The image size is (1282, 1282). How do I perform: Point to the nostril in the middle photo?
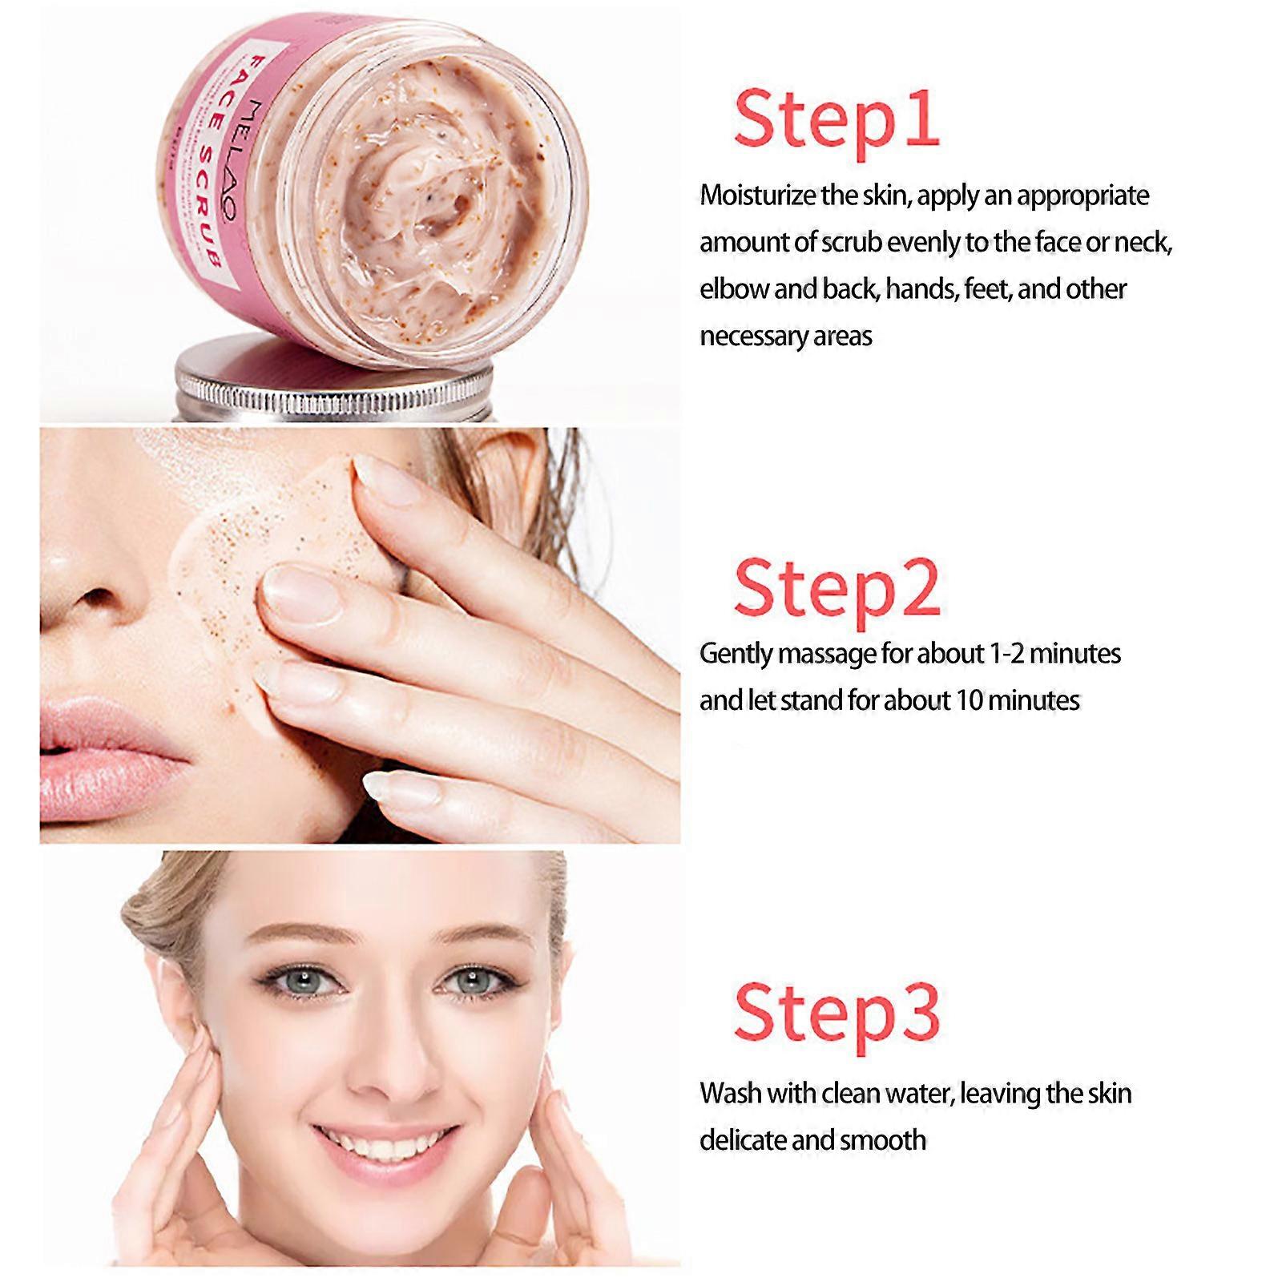(96, 597)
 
